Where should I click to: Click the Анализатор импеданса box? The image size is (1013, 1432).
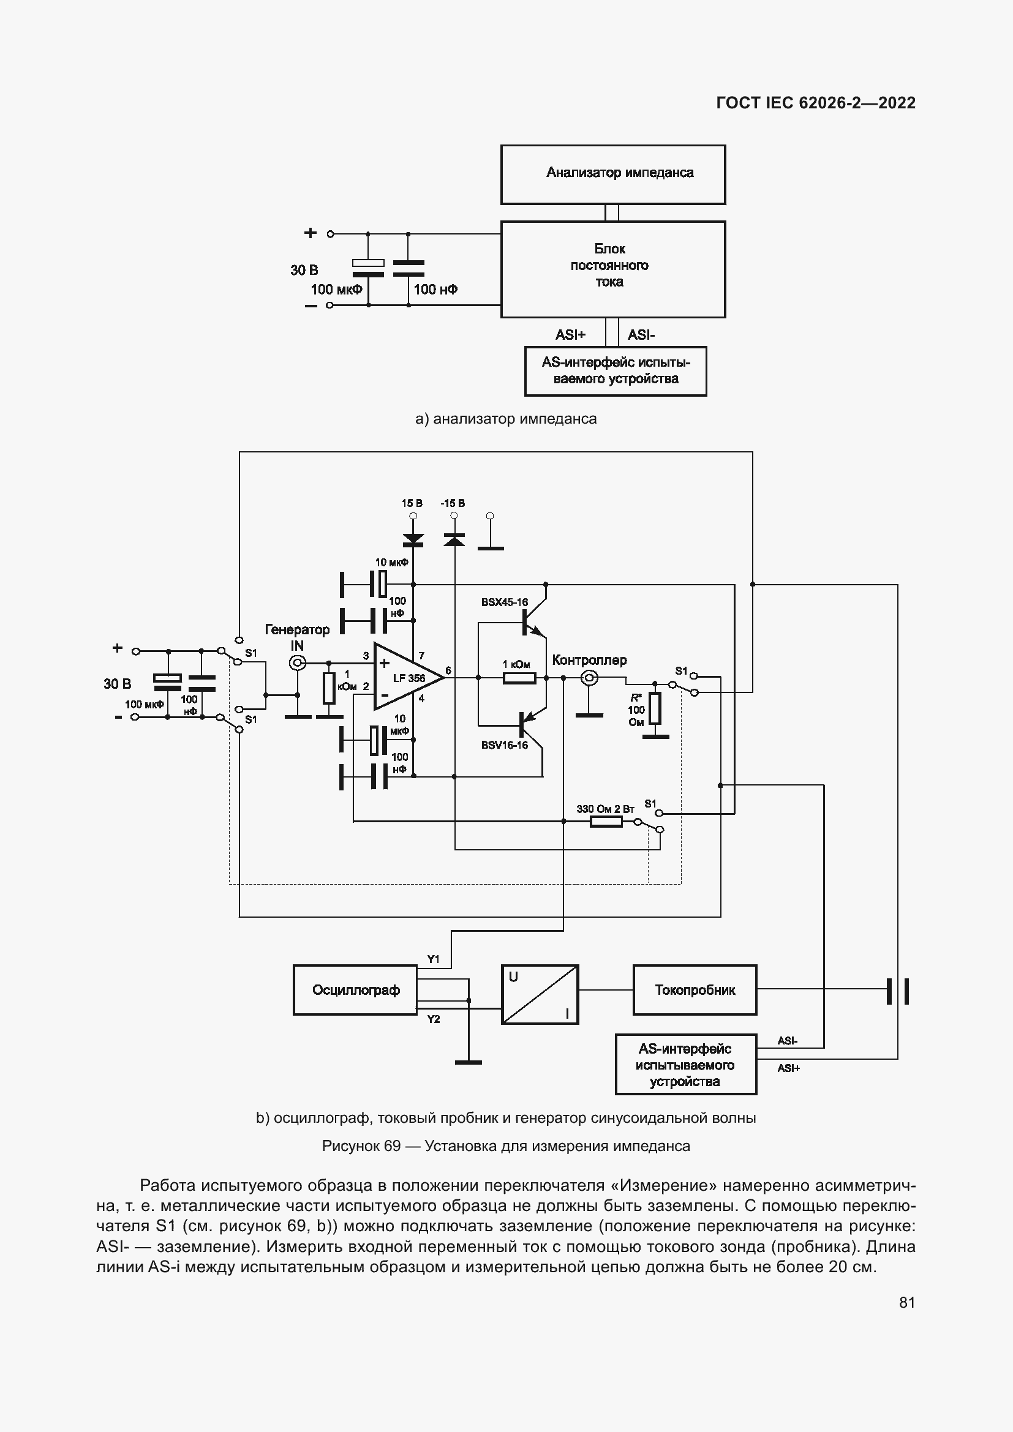click(612, 174)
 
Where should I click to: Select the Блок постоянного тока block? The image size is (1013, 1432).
click(612, 269)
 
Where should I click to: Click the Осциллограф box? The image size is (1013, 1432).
click(355, 990)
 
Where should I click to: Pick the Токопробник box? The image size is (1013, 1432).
click(695, 990)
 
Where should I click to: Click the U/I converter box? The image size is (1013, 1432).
click(540, 994)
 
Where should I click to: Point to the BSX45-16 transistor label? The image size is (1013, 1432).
click(504, 602)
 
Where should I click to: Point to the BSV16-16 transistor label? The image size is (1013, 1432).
click(504, 745)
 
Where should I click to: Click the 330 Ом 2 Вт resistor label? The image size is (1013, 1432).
click(604, 809)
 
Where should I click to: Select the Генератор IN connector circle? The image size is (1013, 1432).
click(298, 662)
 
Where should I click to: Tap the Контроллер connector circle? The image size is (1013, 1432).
click(589, 678)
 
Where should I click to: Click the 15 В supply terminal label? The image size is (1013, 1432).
click(412, 503)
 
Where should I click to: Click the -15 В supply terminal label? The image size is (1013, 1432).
click(452, 503)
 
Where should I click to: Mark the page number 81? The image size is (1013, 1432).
click(907, 1302)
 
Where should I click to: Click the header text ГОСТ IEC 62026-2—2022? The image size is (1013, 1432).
click(815, 103)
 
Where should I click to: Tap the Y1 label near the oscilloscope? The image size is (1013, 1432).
click(433, 959)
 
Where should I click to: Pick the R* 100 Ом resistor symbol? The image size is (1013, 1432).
click(654, 708)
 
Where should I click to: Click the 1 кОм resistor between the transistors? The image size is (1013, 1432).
click(519, 678)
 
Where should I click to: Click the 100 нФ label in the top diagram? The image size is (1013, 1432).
click(435, 290)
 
